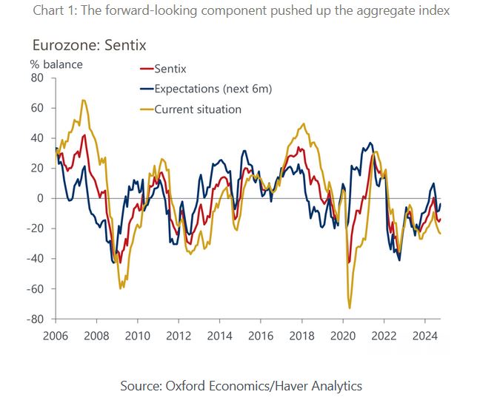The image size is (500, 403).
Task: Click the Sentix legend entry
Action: [x=170, y=69]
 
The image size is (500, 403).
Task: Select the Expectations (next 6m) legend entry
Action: [x=213, y=89]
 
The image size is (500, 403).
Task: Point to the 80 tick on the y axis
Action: [x=38, y=78]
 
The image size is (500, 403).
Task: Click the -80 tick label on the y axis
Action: [x=35, y=319]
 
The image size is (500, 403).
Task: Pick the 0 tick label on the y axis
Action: [x=41, y=198]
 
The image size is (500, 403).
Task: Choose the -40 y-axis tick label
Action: [x=35, y=259]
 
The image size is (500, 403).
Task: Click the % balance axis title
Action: [x=56, y=64]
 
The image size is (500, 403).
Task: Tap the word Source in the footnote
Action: [x=141, y=385]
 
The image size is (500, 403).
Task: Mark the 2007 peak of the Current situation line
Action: [x=83, y=100]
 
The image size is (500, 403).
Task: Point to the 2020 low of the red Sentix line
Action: [x=348, y=262]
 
